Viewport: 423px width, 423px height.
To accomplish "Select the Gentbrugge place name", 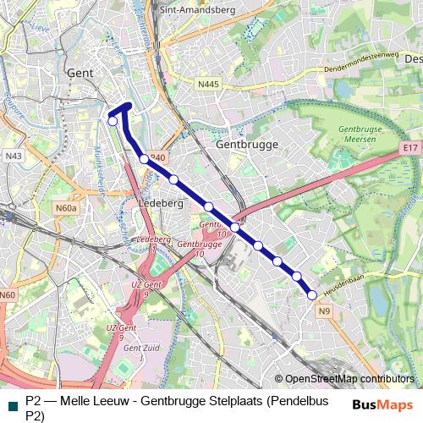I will tap(247, 145).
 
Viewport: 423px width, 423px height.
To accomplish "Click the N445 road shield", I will tap(208, 84).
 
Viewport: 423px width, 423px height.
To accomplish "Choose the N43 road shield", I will tap(13, 157).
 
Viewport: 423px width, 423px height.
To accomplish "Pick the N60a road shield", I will tap(66, 207).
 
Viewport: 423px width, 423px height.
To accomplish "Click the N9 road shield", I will tap(325, 311).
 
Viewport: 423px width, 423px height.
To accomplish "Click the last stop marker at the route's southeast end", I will tap(312, 295).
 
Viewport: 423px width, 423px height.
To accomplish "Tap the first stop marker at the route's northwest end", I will tap(113, 121).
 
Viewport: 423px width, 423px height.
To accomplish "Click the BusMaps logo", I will tap(382, 404).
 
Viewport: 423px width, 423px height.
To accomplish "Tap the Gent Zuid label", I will tap(136, 348).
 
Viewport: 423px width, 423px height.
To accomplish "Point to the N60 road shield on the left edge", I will tap(8, 294).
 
